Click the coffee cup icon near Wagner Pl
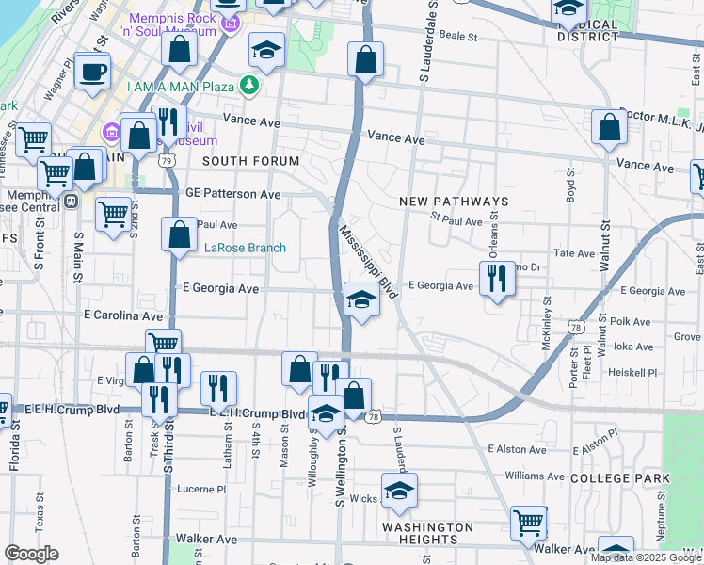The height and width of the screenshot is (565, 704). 92,72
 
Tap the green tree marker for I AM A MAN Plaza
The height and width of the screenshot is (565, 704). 249,86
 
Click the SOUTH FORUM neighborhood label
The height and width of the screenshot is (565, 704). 250,161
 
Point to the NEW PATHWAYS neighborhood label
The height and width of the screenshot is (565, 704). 454,202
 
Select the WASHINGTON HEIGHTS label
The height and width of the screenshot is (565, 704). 428,533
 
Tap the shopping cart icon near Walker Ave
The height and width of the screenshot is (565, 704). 529,522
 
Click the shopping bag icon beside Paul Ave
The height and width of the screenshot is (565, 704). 179,234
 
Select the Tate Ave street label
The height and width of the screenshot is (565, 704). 574,253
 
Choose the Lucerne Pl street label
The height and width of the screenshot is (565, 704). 202,489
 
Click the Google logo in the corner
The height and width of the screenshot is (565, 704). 31,554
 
